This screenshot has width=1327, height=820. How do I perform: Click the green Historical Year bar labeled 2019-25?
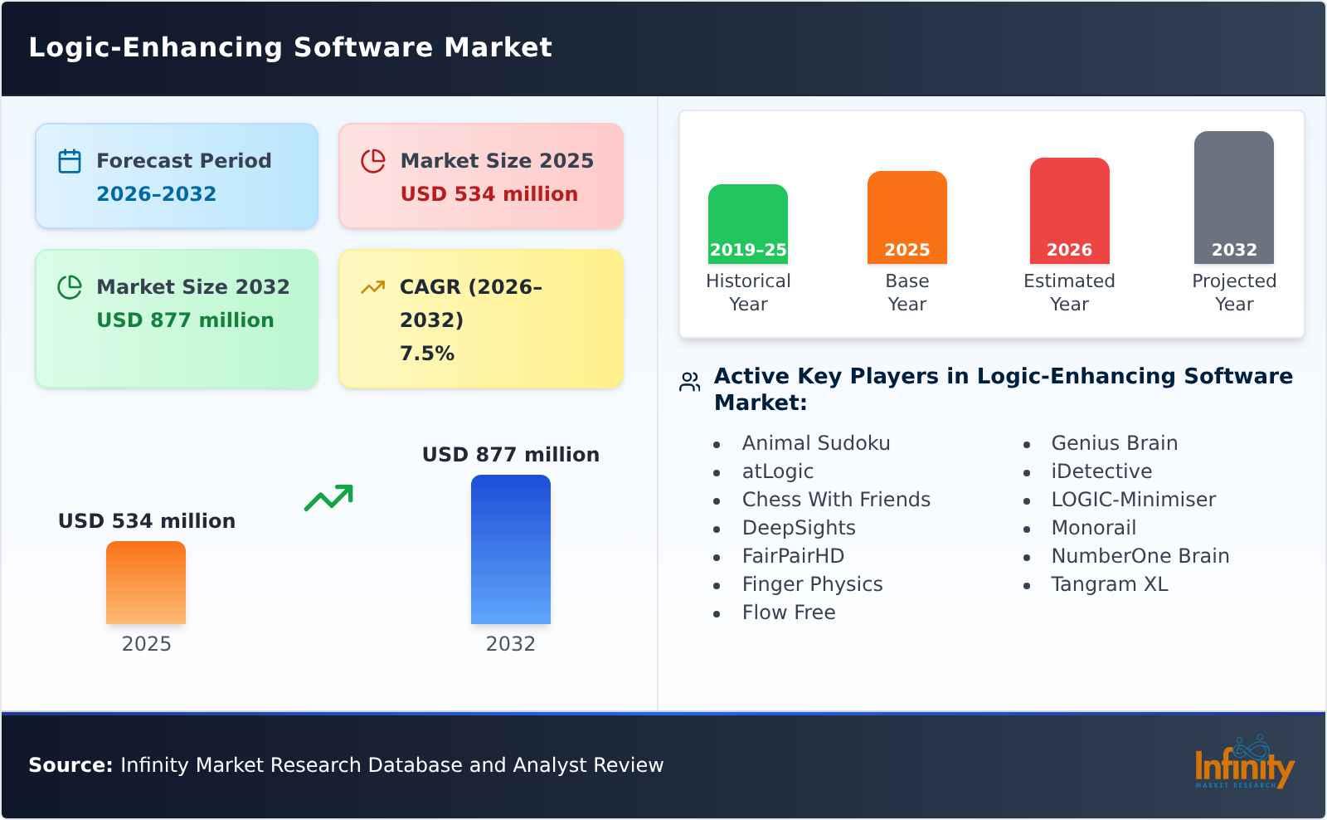click(747, 223)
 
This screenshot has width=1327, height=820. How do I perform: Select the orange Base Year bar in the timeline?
click(907, 217)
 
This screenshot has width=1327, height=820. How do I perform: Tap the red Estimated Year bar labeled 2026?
click(1069, 210)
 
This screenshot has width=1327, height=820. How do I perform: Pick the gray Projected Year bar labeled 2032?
click(1233, 197)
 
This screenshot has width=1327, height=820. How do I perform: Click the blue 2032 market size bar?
click(510, 549)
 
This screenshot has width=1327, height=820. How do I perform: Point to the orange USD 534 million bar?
click(146, 582)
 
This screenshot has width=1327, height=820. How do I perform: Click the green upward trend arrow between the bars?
click(328, 497)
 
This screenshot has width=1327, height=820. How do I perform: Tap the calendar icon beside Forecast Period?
click(70, 161)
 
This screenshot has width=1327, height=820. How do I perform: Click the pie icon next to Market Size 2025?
click(373, 161)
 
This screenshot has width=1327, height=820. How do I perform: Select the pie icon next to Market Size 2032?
click(70, 287)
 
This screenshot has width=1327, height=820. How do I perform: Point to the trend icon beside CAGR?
click(373, 287)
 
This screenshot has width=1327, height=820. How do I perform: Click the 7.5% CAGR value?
click(427, 354)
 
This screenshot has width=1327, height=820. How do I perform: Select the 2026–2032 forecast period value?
click(156, 194)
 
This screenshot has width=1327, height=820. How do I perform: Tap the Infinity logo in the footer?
click(1243, 764)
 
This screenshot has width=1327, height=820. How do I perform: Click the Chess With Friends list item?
click(836, 500)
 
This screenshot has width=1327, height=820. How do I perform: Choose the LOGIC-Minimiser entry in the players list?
click(1133, 500)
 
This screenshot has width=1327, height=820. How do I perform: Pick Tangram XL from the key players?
click(1109, 584)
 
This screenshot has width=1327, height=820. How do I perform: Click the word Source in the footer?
click(70, 765)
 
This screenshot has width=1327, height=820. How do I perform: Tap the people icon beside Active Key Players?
click(689, 382)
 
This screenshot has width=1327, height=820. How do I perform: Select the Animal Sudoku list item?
click(815, 443)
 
